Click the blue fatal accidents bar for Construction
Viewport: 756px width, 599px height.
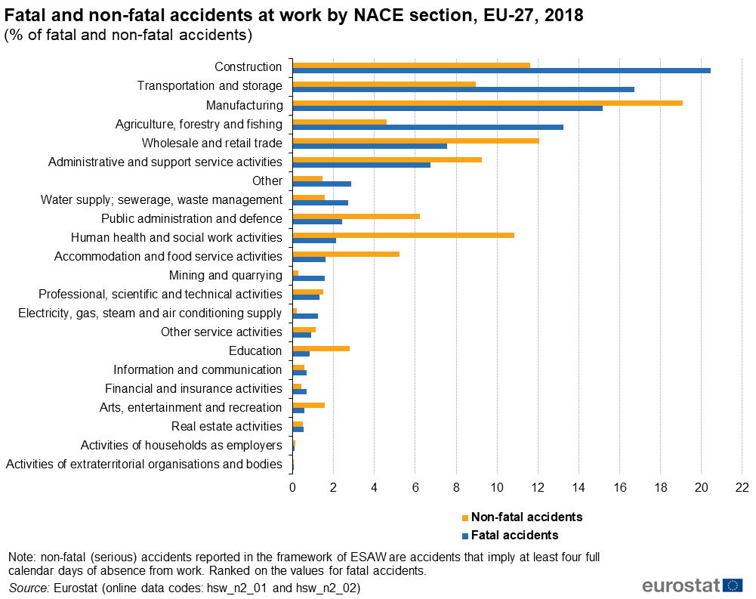click(501, 71)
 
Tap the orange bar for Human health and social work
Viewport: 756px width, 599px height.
click(403, 235)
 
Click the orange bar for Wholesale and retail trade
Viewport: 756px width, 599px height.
click(415, 140)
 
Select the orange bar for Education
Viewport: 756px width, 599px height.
click(321, 348)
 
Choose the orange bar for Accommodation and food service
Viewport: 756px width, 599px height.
click(346, 254)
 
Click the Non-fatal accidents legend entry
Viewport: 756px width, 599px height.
click(526, 517)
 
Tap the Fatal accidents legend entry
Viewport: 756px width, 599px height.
click(514, 536)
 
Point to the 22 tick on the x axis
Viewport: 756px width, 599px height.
click(742, 487)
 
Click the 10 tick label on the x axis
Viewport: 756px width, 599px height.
click(497, 487)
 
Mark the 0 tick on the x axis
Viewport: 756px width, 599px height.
click(292, 487)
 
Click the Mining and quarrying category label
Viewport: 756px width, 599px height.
click(226, 276)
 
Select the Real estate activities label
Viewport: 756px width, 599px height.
click(227, 427)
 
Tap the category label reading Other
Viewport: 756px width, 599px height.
click(267, 181)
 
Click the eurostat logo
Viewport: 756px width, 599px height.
click(692, 585)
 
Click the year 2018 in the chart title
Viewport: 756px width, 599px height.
click(563, 16)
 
